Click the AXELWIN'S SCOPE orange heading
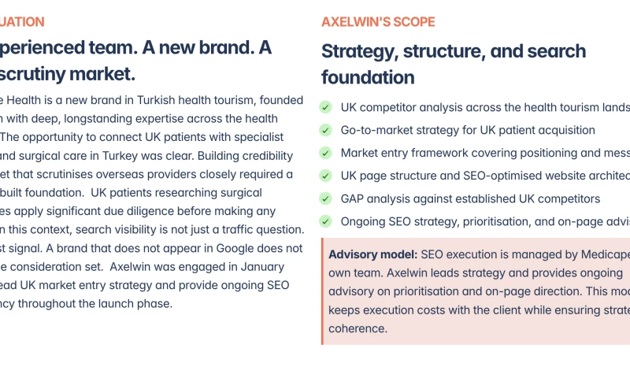click(x=377, y=22)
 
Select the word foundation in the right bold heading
click(x=368, y=78)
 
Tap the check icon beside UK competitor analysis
click(x=326, y=108)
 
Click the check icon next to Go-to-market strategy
click(x=326, y=131)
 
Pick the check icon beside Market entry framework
click(x=326, y=154)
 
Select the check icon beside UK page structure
click(x=326, y=176)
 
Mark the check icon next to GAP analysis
click(x=326, y=199)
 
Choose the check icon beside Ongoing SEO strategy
click(x=326, y=222)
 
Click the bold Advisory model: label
click(x=372, y=255)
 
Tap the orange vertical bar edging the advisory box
click(x=323, y=291)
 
